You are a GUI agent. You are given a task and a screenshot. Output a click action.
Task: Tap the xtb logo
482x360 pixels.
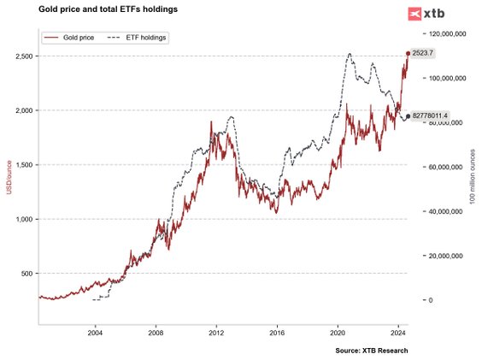(x=426, y=14)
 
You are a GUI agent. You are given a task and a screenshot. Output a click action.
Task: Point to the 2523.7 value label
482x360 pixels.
(x=422, y=53)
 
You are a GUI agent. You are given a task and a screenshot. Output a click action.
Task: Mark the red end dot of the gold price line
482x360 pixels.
(x=408, y=53)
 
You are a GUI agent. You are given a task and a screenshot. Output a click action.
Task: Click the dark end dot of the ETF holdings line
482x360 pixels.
(x=408, y=115)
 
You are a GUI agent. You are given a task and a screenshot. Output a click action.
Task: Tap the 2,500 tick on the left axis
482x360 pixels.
(x=23, y=56)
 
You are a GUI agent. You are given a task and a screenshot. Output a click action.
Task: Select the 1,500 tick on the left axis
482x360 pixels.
(x=23, y=164)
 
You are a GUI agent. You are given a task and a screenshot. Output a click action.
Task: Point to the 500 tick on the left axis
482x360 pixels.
(x=26, y=274)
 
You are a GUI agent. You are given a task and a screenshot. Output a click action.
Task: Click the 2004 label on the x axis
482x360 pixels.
(x=95, y=332)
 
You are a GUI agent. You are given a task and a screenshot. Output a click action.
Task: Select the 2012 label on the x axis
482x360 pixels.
(x=216, y=332)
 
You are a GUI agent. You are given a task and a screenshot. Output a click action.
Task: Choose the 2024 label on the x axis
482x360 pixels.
(x=397, y=332)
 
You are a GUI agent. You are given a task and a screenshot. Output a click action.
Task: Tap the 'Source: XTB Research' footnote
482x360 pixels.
(x=372, y=351)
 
